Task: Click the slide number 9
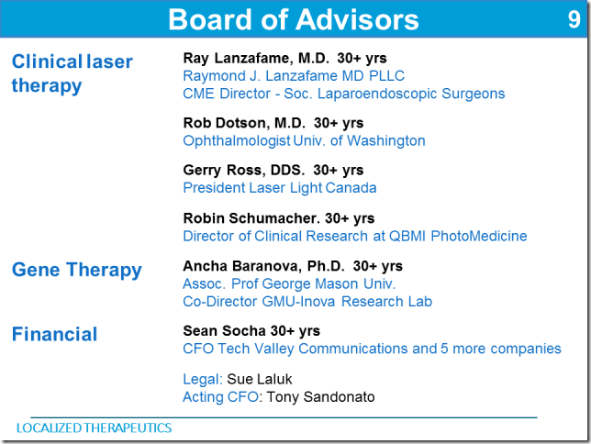pos(574,19)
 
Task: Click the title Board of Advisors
pos(294,19)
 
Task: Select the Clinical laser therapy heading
pos(72,73)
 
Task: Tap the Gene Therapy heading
pos(76,271)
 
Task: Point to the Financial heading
pos(55,334)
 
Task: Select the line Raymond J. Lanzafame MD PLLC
pos(294,76)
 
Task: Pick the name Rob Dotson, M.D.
pos(244,123)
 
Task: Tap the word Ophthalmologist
pos(237,141)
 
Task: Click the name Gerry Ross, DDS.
pos(244,171)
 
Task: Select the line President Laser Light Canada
pos(280,188)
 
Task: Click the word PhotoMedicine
pos(479,237)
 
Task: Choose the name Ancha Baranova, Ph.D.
pos(264,266)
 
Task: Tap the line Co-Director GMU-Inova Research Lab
pos(307,302)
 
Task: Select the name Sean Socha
pos(225,331)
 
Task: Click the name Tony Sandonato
pos(321,397)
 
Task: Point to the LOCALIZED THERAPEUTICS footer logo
pos(94,427)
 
